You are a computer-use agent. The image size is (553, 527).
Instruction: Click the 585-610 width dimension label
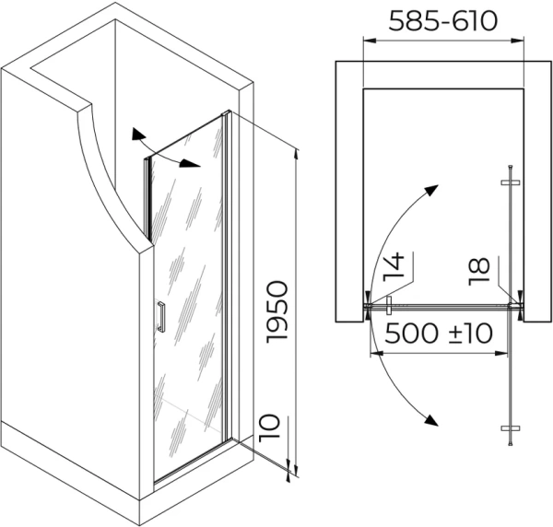pyautogui.click(x=443, y=20)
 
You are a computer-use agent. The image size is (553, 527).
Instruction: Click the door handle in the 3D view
pyautogui.click(x=161, y=316)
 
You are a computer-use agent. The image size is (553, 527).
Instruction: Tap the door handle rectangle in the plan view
pyautogui.click(x=391, y=306)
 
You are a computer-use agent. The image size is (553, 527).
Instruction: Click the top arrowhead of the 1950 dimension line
pyautogui.click(x=296, y=154)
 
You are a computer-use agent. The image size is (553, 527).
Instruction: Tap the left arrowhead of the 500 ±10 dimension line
pyautogui.click(x=373, y=351)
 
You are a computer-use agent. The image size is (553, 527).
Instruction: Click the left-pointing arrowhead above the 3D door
pyautogui.click(x=137, y=132)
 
